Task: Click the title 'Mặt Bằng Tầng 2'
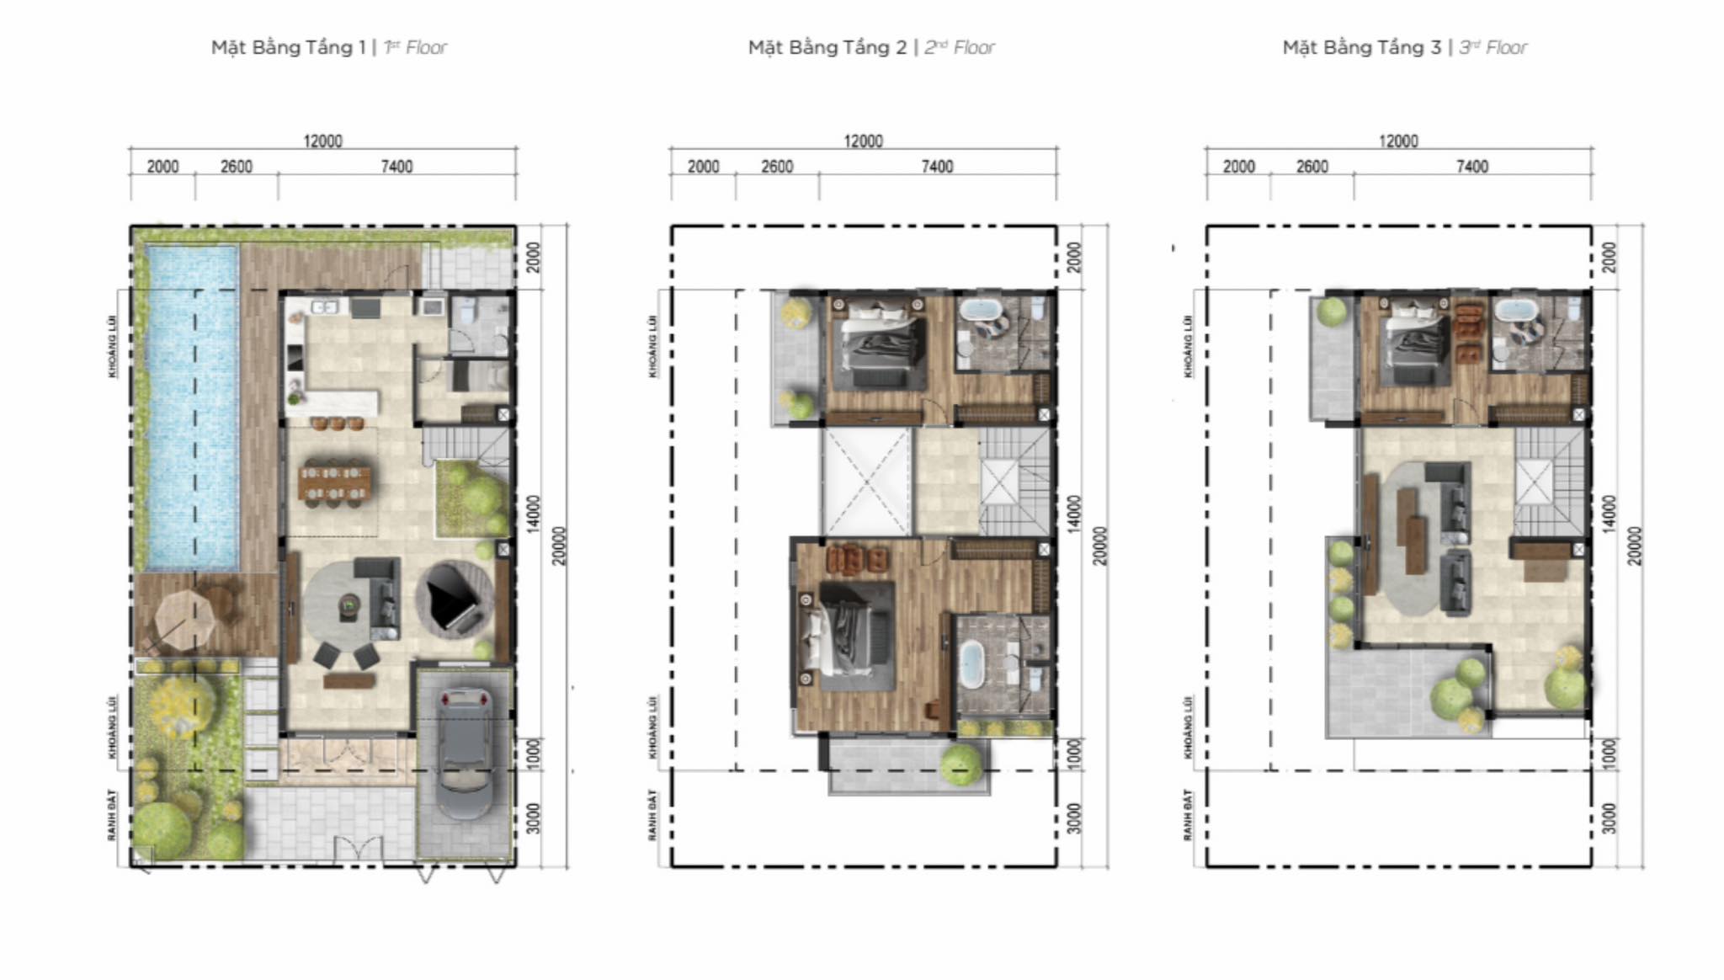click(x=827, y=47)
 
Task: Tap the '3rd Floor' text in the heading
click(x=1493, y=47)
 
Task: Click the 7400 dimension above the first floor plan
click(x=396, y=167)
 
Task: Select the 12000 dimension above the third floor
click(x=1397, y=141)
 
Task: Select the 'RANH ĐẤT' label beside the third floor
click(x=1188, y=814)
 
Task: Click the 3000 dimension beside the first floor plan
click(x=533, y=818)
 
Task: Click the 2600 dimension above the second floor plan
click(x=776, y=167)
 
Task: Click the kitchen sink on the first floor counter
click(x=324, y=306)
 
